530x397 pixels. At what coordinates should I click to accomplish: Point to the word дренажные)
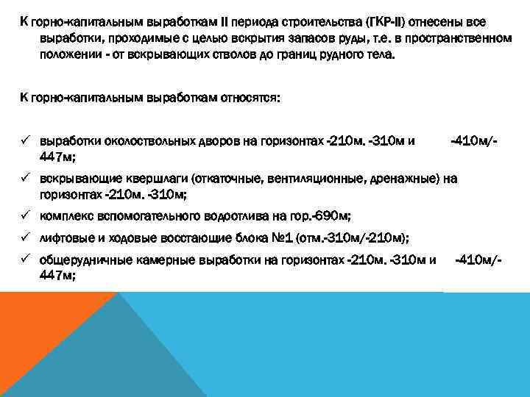tap(403, 178)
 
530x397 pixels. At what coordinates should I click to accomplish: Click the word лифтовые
tap(66, 237)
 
